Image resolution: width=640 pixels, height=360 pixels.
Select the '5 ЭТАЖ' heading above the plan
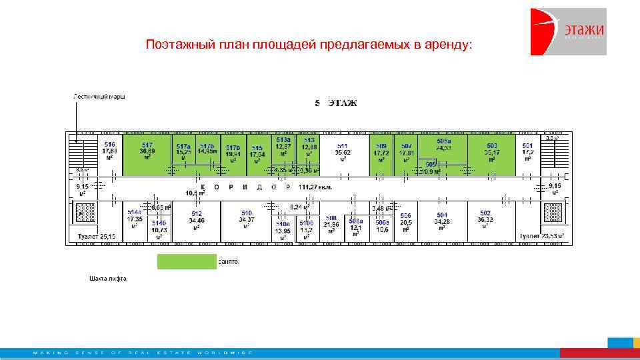pyautogui.click(x=336, y=103)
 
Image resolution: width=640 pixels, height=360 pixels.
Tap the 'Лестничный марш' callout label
pyautogui.click(x=99, y=96)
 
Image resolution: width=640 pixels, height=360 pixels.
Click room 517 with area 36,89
pyautogui.click(x=147, y=152)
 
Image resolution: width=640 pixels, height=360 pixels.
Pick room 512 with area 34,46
pyautogui.click(x=196, y=220)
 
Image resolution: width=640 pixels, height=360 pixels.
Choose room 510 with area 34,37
pyautogui.click(x=246, y=220)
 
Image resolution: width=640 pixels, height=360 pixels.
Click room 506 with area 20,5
pyautogui.click(x=405, y=222)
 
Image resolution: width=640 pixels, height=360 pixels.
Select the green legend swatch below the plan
pyautogui.click(x=187, y=261)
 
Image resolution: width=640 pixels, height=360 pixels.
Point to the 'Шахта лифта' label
pyautogui.click(x=107, y=278)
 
